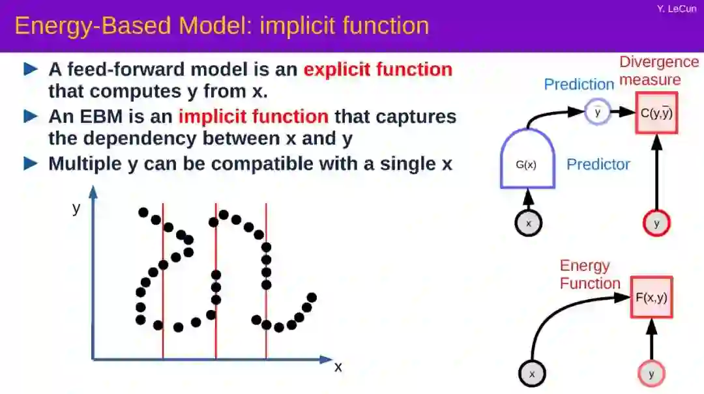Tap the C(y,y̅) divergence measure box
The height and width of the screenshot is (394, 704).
point(656,113)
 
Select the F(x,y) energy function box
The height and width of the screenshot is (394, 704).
point(651,297)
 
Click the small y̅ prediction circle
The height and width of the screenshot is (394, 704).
point(598,112)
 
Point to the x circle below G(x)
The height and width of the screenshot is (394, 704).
point(529,223)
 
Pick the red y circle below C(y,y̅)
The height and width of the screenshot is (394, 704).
point(656,223)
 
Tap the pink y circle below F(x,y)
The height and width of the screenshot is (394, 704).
point(651,374)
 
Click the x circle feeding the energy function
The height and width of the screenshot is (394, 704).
point(532,374)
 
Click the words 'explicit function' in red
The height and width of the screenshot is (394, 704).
point(378,69)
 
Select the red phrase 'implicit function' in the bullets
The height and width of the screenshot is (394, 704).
point(254,116)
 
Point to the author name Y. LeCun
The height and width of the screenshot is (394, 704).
point(677,8)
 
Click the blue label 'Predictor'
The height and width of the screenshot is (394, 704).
point(598,164)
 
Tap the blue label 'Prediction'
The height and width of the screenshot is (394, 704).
point(579,84)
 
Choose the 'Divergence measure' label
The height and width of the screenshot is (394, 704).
point(659,70)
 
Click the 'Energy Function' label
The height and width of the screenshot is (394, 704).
point(590,274)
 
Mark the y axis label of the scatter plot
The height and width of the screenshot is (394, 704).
point(76,208)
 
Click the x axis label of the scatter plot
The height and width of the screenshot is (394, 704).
point(338,367)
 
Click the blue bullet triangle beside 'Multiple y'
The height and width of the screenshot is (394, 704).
point(31,163)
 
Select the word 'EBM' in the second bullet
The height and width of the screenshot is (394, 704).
point(101,116)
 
